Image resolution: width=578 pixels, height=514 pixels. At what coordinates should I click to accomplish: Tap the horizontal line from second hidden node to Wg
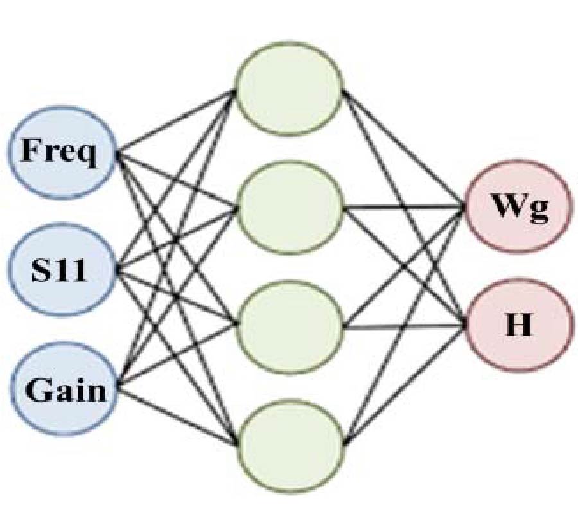pyautogui.click(x=405, y=208)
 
